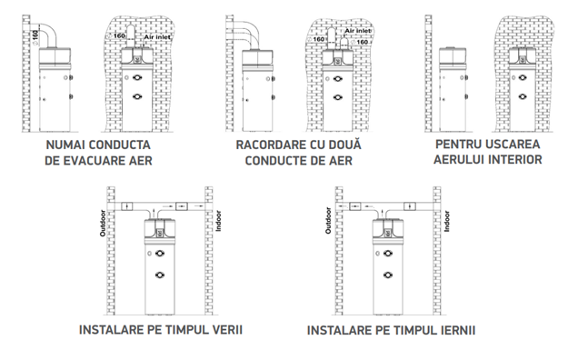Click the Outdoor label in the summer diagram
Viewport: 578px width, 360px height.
pyautogui.click(x=103, y=223)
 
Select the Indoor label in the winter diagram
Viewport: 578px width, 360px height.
pyautogui.click(x=447, y=221)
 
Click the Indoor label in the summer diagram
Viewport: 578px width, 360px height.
pyautogui.click(x=219, y=221)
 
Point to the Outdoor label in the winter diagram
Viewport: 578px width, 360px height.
pyautogui.click(x=328, y=220)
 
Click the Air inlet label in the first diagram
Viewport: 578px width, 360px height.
pyautogui.click(x=157, y=37)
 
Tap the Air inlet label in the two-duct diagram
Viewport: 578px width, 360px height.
pyautogui.click(x=358, y=31)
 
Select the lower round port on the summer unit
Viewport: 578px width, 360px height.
pyautogui.click(x=160, y=275)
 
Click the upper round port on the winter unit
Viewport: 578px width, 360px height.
pyautogui.click(x=388, y=253)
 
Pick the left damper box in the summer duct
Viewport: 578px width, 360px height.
pyautogui.click(x=127, y=206)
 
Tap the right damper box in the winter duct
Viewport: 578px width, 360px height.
pyautogui.click(x=410, y=206)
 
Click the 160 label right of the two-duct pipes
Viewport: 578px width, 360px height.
pyautogui.click(x=362, y=42)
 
